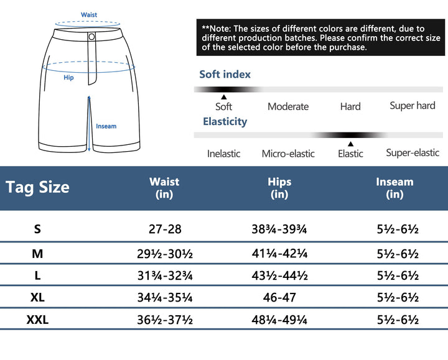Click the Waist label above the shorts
tap(89, 15)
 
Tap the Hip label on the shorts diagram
tap(68, 78)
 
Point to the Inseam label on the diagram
tap(106, 126)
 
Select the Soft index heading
tap(225, 75)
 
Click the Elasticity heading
tap(225, 121)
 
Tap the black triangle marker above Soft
tap(224, 97)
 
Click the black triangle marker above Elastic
tap(350, 144)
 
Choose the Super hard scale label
tap(412, 106)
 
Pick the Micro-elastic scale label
tap(288, 154)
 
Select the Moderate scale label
tap(288, 106)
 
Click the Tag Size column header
tap(37, 187)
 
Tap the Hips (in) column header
tap(279, 188)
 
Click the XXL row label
tap(37, 320)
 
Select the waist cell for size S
tap(165, 229)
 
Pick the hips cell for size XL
tap(279, 298)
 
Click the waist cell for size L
tap(165, 275)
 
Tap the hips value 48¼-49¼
tap(279, 321)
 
